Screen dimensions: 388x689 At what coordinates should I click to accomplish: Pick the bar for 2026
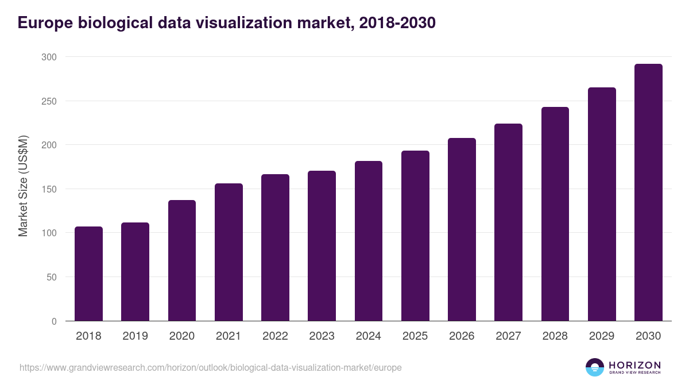click(462, 229)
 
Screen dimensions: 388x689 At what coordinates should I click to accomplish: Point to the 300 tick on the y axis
click(49, 57)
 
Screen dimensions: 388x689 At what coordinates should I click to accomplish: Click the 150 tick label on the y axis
click(49, 189)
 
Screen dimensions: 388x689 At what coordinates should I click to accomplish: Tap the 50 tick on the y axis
click(51, 277)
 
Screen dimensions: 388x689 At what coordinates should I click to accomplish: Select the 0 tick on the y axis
click(54, 321)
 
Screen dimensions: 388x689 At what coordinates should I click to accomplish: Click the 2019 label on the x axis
click(135, 336)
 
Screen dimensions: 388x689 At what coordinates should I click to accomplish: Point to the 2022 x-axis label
click(275, 336)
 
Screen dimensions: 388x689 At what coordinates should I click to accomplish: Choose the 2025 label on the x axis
click(415, 336)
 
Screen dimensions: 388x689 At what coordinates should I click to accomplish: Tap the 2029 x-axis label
click(602, 336)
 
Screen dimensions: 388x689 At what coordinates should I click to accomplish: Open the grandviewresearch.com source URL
click(210, 367)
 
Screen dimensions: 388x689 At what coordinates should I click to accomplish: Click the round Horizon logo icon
click(594, 367)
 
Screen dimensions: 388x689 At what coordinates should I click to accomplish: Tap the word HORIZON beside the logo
click(634, 365)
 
